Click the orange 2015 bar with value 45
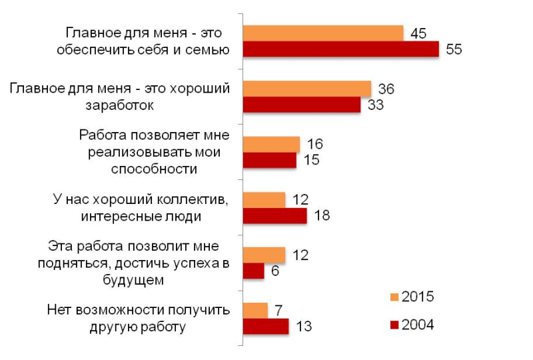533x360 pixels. [x=323, y=33]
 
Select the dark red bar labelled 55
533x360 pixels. [x=340, y=49]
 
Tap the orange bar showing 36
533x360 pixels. [x=307, y=88]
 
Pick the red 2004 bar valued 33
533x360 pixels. [x=302, y=105]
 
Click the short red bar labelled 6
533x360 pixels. [x=254, y=271]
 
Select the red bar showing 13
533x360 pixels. [x=266, y=327]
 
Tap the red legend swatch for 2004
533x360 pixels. [x=394, y=325]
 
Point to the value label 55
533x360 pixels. [x=454, y=50]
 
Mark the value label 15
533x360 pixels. [x=311, y=160]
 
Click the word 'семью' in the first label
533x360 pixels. [x=209, y=49]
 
